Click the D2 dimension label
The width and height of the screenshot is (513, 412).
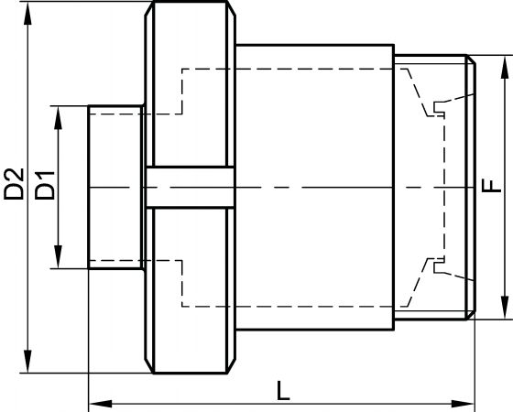[14, 184]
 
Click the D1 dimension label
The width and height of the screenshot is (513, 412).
[45, 185]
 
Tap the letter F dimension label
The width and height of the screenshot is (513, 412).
[492, 185]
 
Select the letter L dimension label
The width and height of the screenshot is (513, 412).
[283, 390]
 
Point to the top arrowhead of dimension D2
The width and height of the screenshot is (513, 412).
[28, 13]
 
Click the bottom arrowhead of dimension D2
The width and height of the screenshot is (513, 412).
[28, 362]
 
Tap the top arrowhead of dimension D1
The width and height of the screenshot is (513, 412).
[59, 117]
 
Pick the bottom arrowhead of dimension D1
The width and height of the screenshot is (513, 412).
[59, 257]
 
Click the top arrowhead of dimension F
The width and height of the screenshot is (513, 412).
[505, 67]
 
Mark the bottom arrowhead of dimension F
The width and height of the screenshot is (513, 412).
[505, 308]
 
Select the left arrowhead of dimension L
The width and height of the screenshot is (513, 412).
[101, 404]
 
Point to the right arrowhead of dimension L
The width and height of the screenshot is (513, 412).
[463, 404]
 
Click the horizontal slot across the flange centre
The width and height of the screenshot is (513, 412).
[191, 187]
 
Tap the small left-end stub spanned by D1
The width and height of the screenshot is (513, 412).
[115, 187]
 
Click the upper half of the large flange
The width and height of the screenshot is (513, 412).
[191, 84]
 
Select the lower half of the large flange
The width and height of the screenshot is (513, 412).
[191, 290]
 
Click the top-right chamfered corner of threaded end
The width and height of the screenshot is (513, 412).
[471, 60]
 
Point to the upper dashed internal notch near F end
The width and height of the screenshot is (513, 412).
[439, 108]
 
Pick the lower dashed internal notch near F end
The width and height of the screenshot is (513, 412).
[439, 266]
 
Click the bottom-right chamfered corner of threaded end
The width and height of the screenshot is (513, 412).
[471, 315]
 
